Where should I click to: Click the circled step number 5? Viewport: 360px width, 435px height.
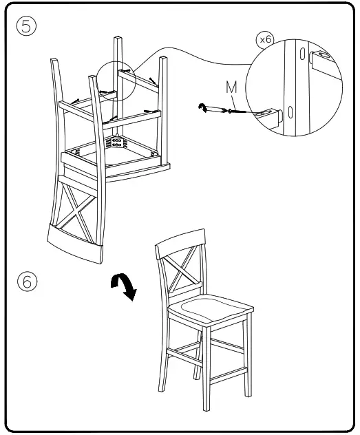27,26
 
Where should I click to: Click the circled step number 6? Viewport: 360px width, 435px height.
27,282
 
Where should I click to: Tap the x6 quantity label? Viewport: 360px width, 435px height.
265,40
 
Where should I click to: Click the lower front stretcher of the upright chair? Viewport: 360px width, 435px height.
227,375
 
